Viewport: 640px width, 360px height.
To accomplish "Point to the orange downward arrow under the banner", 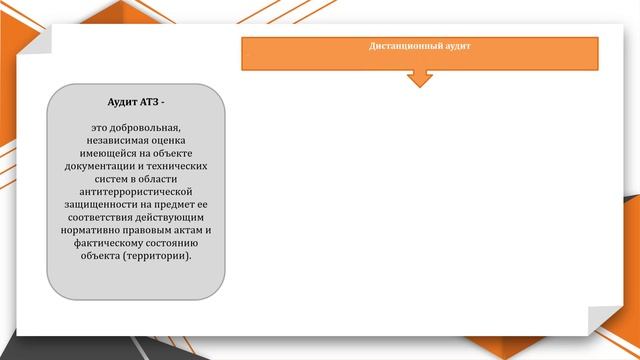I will click(420, 78).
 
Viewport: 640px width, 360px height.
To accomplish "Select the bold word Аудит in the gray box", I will click(125, 102).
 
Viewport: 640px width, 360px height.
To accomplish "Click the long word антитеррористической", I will click(136, 192).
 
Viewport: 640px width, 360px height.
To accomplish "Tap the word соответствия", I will click(99, 217).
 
